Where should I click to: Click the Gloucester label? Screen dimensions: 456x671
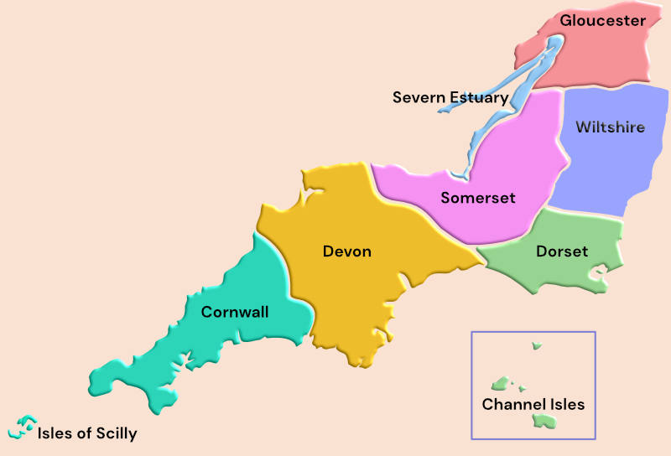click(603, 20)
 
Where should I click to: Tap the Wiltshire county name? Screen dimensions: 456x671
click(610, 127)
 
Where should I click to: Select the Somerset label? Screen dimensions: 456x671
click(478, 198)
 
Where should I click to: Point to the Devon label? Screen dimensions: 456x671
click(346, 251)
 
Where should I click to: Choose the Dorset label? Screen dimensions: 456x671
click(562, 251)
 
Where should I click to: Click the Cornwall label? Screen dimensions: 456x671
click(235, 312)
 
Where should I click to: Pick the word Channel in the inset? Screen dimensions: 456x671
click(509, 404)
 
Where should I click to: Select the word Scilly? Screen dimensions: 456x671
click(115, 433)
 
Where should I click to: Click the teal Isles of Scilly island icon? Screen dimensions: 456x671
click(23, 427)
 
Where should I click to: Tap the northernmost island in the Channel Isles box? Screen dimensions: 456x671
click(536, 345)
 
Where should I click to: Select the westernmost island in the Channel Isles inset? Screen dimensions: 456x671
click(502, 384)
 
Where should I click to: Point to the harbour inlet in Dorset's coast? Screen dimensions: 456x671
click(598, 272)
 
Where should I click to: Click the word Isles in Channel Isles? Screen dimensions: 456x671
click(561, 404)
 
